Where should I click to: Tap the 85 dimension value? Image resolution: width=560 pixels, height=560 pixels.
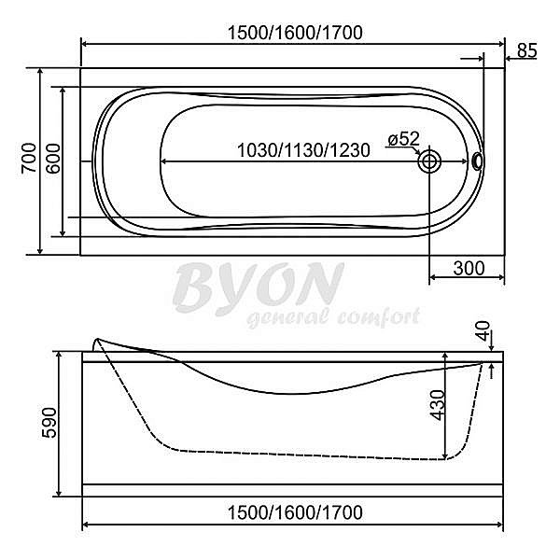tap(526, 50)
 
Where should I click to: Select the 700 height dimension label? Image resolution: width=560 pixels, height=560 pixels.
tap(28, 161)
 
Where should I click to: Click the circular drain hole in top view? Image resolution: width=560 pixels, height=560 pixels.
tap(429, 161)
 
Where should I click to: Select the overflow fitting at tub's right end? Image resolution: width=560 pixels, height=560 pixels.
tap(479, 161)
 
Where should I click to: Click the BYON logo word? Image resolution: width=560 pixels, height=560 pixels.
tap(259, 286)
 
